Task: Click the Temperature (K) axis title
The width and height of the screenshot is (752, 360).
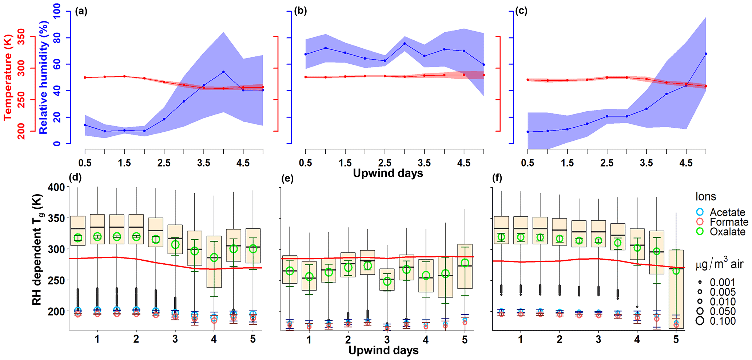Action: coord(8,77)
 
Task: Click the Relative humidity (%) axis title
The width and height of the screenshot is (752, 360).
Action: coord(44,77)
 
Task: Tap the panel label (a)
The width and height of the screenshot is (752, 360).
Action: coord(81,11)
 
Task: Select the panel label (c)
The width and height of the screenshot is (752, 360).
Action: coord(521,11)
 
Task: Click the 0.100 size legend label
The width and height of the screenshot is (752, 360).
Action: coord(723,321)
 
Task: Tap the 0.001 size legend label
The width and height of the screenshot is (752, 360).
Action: coord(723,283)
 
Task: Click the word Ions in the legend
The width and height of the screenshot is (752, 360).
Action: coord(705,197)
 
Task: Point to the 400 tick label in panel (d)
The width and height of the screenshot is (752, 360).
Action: coord(56,187)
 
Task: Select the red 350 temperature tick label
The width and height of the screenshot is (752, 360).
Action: coord(22,37)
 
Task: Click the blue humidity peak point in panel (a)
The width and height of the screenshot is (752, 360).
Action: coord(223,72)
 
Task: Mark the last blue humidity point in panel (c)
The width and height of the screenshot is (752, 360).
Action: coord(706,54)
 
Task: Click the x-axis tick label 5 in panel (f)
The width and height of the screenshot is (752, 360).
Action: coord(676,340)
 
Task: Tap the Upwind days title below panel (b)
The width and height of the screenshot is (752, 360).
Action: coord(388,173)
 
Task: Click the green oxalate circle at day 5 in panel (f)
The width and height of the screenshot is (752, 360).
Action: coord(676,271)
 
